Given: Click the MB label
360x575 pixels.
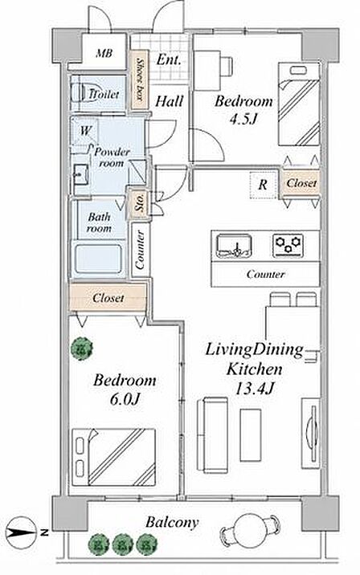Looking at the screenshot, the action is (x=104, y=54).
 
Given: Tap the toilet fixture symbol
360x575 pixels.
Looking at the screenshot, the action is (x=80, y=93).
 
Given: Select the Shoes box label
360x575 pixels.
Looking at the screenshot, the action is (x=140, y=80).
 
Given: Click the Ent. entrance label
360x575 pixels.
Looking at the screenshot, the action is (x=169, y=59).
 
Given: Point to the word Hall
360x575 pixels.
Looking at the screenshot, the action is (x=169, y=101).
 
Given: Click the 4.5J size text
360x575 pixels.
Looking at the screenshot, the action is (x=243, y=119).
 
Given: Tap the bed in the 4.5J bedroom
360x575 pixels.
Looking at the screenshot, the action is (x=299, y=104).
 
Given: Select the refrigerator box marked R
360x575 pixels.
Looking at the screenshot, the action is (x=263, y=185).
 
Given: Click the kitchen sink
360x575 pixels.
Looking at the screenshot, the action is (x=234, y=246).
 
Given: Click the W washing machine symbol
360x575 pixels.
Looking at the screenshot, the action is (x=84, y=131).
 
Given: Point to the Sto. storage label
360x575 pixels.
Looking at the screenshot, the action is (x=140, y=202).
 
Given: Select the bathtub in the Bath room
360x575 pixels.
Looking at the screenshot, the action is (x=98, y=259).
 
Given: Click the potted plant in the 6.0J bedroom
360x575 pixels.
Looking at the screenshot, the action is (x=81, y=349).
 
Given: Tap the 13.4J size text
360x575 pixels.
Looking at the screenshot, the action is (x=254, y=388).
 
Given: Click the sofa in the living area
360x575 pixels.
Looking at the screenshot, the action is (x=212, y=434).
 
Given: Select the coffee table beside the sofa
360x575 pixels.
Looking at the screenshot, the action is (x=251, y=435).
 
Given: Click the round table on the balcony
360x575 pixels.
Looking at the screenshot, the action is (x=249, y=532).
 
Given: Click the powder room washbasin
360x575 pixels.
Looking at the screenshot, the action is (x=80, y=175).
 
